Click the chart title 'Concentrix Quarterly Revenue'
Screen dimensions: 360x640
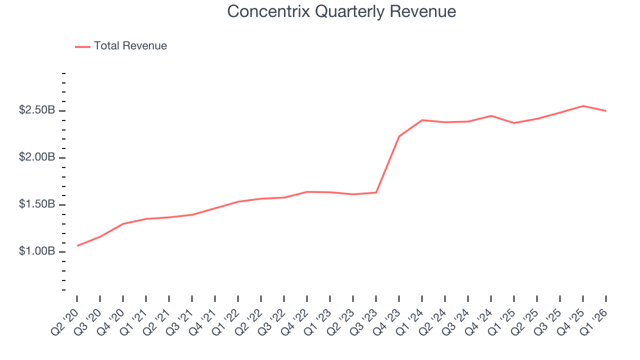pyautogui.click(x=341, y=11)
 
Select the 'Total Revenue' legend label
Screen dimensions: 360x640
pyautogui.click(x=130, y=46)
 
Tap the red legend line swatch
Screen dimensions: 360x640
pyautogui.click(x=82, y=46)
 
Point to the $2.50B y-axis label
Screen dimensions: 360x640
pyautogui.click(x=37, y=110)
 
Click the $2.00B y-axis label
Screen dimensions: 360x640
pyautogui.click(x=37, y=157)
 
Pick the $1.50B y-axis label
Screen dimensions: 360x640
pyautogui.click(x=37, y=204)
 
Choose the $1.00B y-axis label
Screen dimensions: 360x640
pyautogui.click(x=37, y=251)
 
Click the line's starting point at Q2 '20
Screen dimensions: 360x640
pyautogui.click(x=77, y=245)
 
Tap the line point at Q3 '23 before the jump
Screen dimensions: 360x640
pyautogui.click(x=376, y=192)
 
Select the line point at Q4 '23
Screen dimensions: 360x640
pyautogui.click(x=399, y=136)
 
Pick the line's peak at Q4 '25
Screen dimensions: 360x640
pyautogui.click(x=583, y=106)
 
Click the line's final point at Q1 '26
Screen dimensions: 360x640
pyautogui.click(x=606, y=110)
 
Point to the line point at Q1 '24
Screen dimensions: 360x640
pyautogui.click(x=422, y=120)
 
